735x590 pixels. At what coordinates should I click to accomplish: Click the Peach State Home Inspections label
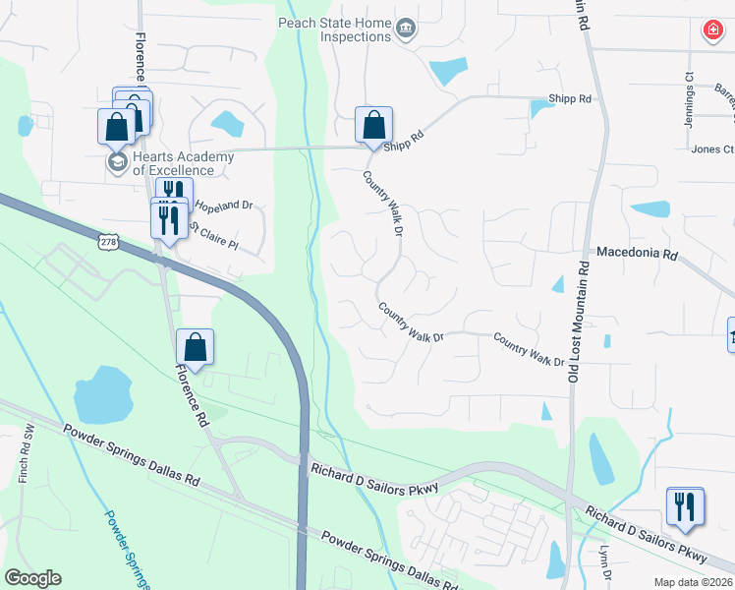tap(335, 29)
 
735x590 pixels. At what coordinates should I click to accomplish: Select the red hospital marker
tap(710, 31)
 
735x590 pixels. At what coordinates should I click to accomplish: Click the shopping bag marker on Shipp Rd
tap(373, 127)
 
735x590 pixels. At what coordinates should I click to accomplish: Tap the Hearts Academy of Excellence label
tap(184, 163)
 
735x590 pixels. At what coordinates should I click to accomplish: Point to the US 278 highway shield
tap(108, 240)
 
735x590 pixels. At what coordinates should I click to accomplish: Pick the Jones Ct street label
tap(712, 149)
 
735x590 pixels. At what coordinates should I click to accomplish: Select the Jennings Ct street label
tap(689, 98)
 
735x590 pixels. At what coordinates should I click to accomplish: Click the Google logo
tap(32, 578)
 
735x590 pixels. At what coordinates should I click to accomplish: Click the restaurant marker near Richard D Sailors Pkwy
tap(685, 508)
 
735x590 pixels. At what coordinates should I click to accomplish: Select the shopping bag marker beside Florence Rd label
tap(195, 348)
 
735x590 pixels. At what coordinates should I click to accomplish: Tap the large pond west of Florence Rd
tap(102, 394)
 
